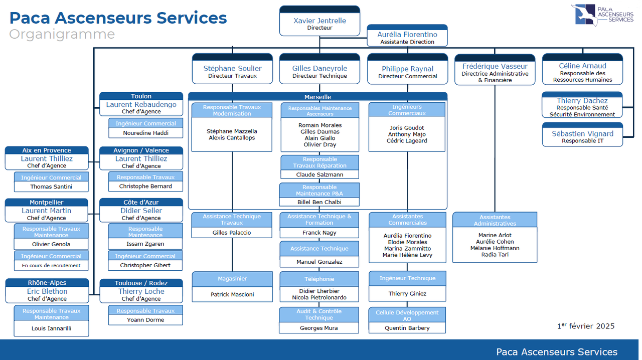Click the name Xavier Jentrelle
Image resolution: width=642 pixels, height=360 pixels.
point(319,21)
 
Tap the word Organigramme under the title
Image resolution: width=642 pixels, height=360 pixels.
point(62,35)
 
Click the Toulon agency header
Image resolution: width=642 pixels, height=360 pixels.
point(141,96)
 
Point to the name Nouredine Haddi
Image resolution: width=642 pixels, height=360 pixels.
point(145,133)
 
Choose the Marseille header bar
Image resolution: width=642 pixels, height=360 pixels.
point(317,97)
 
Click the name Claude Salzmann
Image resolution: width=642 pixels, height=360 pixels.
point(319,174)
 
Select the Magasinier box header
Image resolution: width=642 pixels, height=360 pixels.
point(232,278)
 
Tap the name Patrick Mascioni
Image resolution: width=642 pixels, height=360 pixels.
point(232,294)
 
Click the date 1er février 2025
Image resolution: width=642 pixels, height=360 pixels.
point(585,326)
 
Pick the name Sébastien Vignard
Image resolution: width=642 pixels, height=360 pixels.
point(582,134)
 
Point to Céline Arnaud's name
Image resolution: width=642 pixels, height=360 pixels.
point(582,66)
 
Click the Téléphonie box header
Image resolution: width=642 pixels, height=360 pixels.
point(319,279)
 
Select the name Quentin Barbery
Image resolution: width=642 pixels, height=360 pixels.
point(407,328)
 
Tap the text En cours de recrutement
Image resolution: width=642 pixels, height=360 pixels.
point(51,265)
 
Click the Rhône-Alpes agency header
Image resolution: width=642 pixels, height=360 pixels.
point(47,283)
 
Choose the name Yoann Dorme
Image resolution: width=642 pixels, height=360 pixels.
point(145,319)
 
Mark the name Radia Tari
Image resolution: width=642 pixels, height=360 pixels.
point(495,255)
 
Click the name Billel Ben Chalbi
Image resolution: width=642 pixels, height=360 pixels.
point(319,202)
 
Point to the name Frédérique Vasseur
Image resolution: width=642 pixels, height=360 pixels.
point(495,66)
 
